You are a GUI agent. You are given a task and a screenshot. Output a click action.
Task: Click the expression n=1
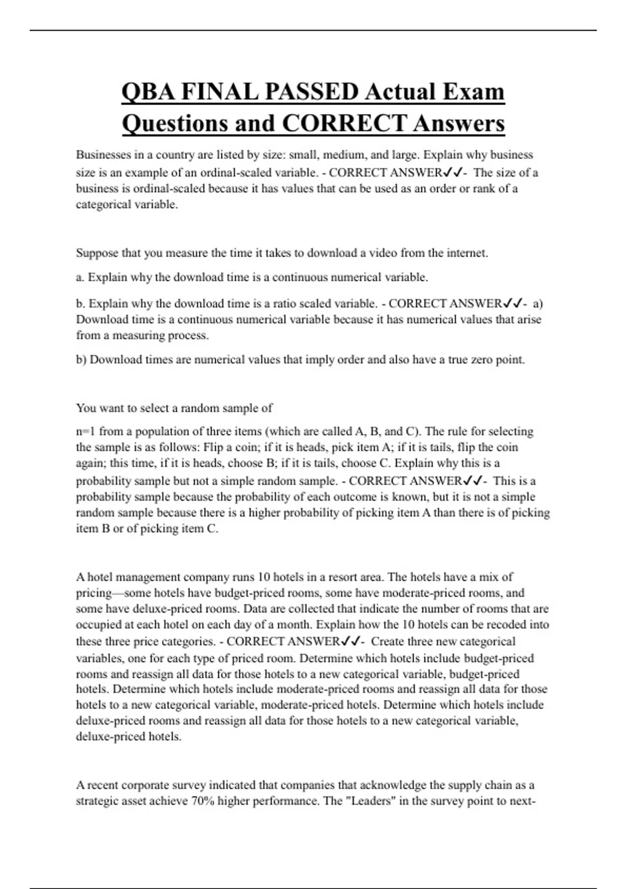point(86,431)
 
